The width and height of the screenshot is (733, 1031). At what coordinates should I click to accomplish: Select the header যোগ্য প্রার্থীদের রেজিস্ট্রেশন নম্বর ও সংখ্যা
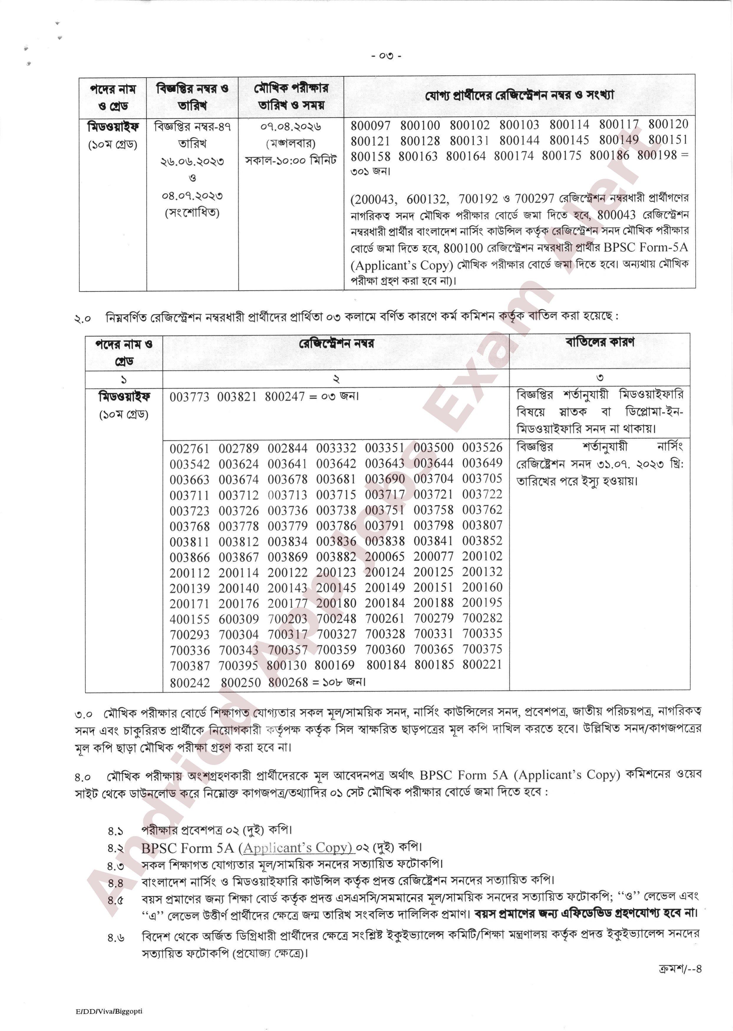[x=519, y=96]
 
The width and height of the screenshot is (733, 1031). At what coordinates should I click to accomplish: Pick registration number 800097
[x=371, y=125]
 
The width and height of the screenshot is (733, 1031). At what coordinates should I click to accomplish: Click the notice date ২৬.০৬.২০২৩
[x=192, y=161]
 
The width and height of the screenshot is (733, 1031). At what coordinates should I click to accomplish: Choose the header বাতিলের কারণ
[x=600, y=342]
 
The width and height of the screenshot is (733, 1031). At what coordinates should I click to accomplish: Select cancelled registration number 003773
[x=189, y=397]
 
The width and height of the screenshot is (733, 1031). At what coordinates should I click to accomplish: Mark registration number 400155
[x=189, y=619]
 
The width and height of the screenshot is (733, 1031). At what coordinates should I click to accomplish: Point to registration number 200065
[x=385, y=557]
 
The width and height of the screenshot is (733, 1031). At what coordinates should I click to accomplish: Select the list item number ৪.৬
[x=116, y=938]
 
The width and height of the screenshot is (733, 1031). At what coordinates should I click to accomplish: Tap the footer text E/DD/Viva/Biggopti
[x=109, y=1011]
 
